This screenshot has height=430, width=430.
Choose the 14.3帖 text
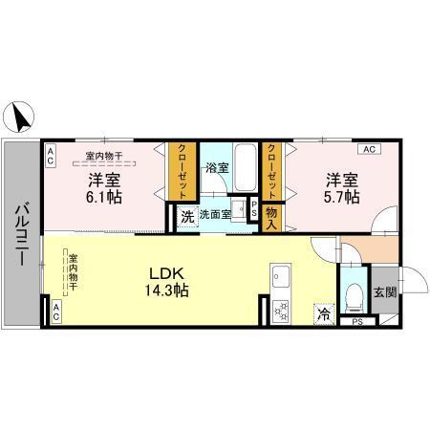[166, 290]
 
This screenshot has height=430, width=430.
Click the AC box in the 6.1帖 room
[51, 149]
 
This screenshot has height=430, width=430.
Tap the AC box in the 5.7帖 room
[369, 149]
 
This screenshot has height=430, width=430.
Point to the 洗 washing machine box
[187, 216]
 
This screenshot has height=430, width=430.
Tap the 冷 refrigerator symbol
[324, 311]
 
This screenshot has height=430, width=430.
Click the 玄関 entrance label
[384, 291]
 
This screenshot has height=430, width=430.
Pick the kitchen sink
[281, 277]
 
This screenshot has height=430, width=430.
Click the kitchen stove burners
[282, 310]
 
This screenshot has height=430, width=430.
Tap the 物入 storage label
[271, 217]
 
